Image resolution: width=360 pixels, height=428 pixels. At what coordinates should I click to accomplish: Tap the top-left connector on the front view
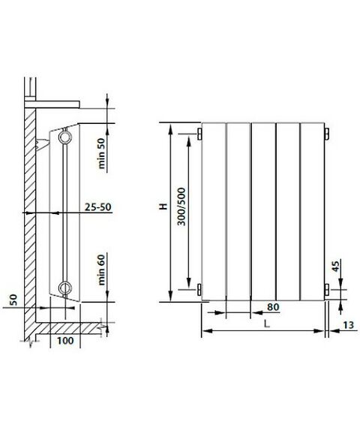[199, 134]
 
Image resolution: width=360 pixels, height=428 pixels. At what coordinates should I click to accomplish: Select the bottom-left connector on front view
[199, 289]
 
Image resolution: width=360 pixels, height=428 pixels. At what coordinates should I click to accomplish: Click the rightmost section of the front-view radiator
[312, 211]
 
